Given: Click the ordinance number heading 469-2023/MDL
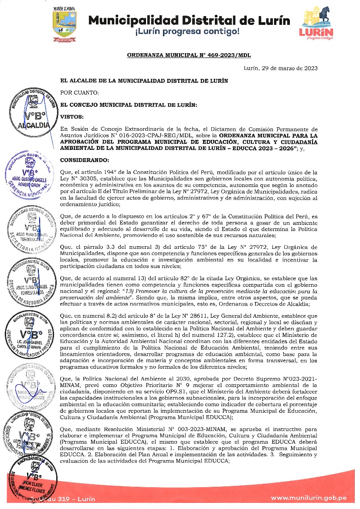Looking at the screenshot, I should click(189, 55).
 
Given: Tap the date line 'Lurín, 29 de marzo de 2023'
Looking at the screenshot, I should click(280, 68).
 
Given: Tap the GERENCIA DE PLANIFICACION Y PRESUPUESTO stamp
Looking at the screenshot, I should click(31, 338).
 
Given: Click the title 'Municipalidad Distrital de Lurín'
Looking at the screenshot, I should click(189, 20).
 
